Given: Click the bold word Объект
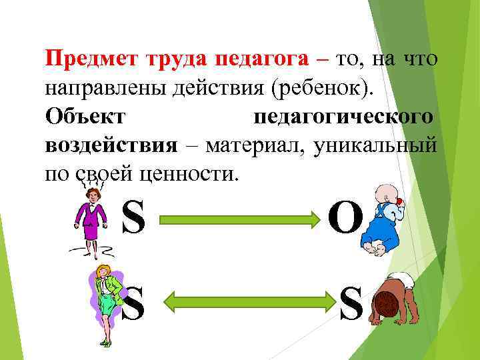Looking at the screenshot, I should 85,116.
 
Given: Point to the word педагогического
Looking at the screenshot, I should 344,116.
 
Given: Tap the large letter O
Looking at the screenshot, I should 345,218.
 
